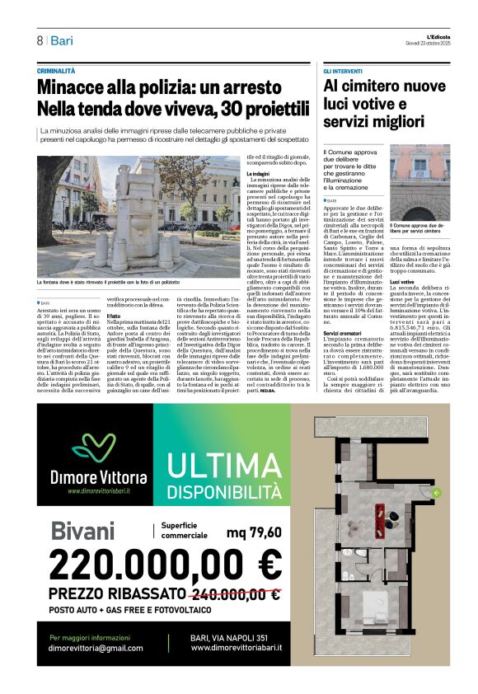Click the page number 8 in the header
(39, 40)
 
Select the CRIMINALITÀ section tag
(61, 73)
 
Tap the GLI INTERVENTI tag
(343, 73)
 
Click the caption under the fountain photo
(119, 282)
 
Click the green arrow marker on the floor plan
(436, 493)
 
